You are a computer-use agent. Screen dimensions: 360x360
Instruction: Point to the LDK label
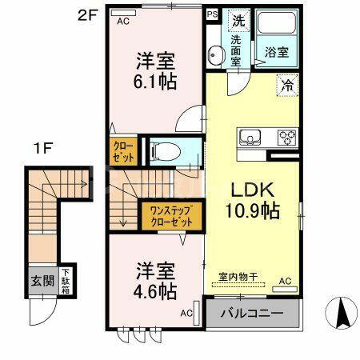point(253,191)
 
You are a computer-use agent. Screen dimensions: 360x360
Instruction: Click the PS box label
point(212,14)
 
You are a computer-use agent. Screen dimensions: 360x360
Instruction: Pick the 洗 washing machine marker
point(238,19)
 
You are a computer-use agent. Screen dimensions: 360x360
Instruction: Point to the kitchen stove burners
point(286,138)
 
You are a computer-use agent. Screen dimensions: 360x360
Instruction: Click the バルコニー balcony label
point(254,313)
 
